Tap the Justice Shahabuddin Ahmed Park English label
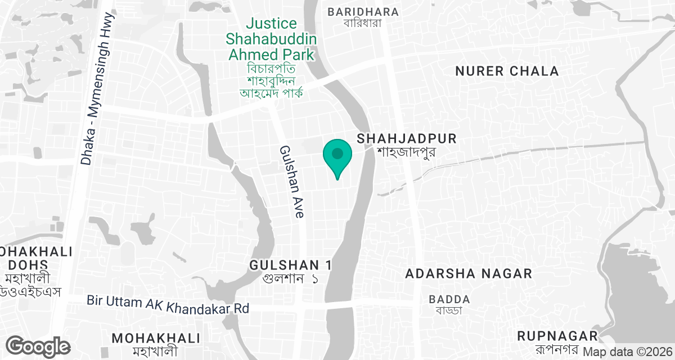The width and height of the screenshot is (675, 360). pos(271,39)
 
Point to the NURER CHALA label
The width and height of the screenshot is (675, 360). pos(507,71)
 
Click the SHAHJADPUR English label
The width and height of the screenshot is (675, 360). pos(407,138)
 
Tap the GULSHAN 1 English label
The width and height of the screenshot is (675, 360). pos(291,265)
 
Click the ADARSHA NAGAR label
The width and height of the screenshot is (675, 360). pos(469,274)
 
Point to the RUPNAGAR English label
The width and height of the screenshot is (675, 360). pos(557,336)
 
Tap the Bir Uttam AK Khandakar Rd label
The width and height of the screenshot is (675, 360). pos(168,304)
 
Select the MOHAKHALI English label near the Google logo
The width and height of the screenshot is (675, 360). pos(156,338)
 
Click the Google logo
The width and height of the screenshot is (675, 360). pos(38,346)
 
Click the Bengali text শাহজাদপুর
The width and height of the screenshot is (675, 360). pos(407,152)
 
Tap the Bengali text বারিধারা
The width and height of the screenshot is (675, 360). pos(363,23)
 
